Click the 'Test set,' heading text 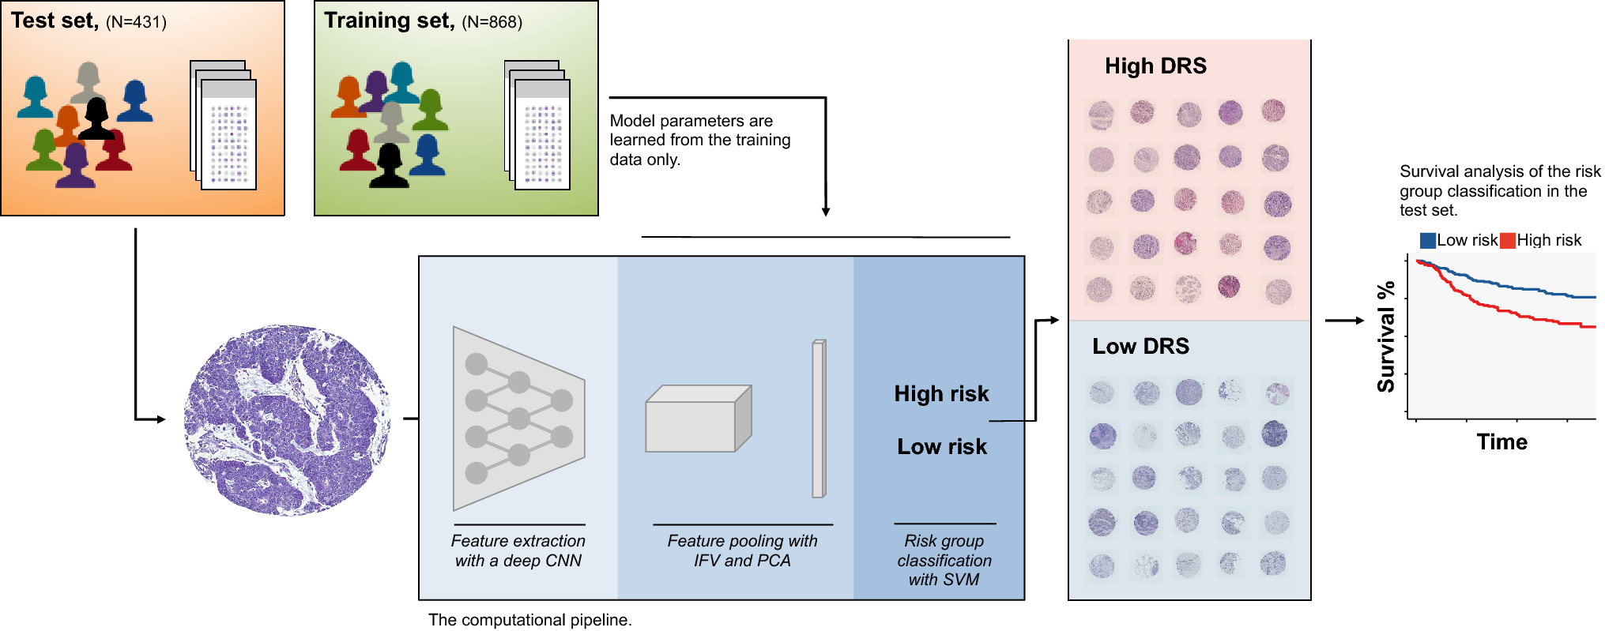pos(54,21)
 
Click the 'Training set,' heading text pos(389,21)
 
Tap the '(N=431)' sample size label pos(136,22)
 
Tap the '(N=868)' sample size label pos(492,22)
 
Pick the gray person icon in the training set pos(391,122)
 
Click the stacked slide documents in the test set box pos(224,126)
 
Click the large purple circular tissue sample pos(287,420)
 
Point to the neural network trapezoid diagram pos(518,419)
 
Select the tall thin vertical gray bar pos(819,419)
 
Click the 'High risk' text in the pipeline pos(941,393)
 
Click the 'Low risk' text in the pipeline pos(941,446)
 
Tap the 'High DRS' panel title pos(1155,66)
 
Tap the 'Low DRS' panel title pos(1140,346)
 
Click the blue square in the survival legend pos(1427,240)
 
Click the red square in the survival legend pos(1508,240)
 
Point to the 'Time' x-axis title pos(1501,442)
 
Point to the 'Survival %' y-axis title pos(1386,337)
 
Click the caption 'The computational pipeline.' pos(529,620)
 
